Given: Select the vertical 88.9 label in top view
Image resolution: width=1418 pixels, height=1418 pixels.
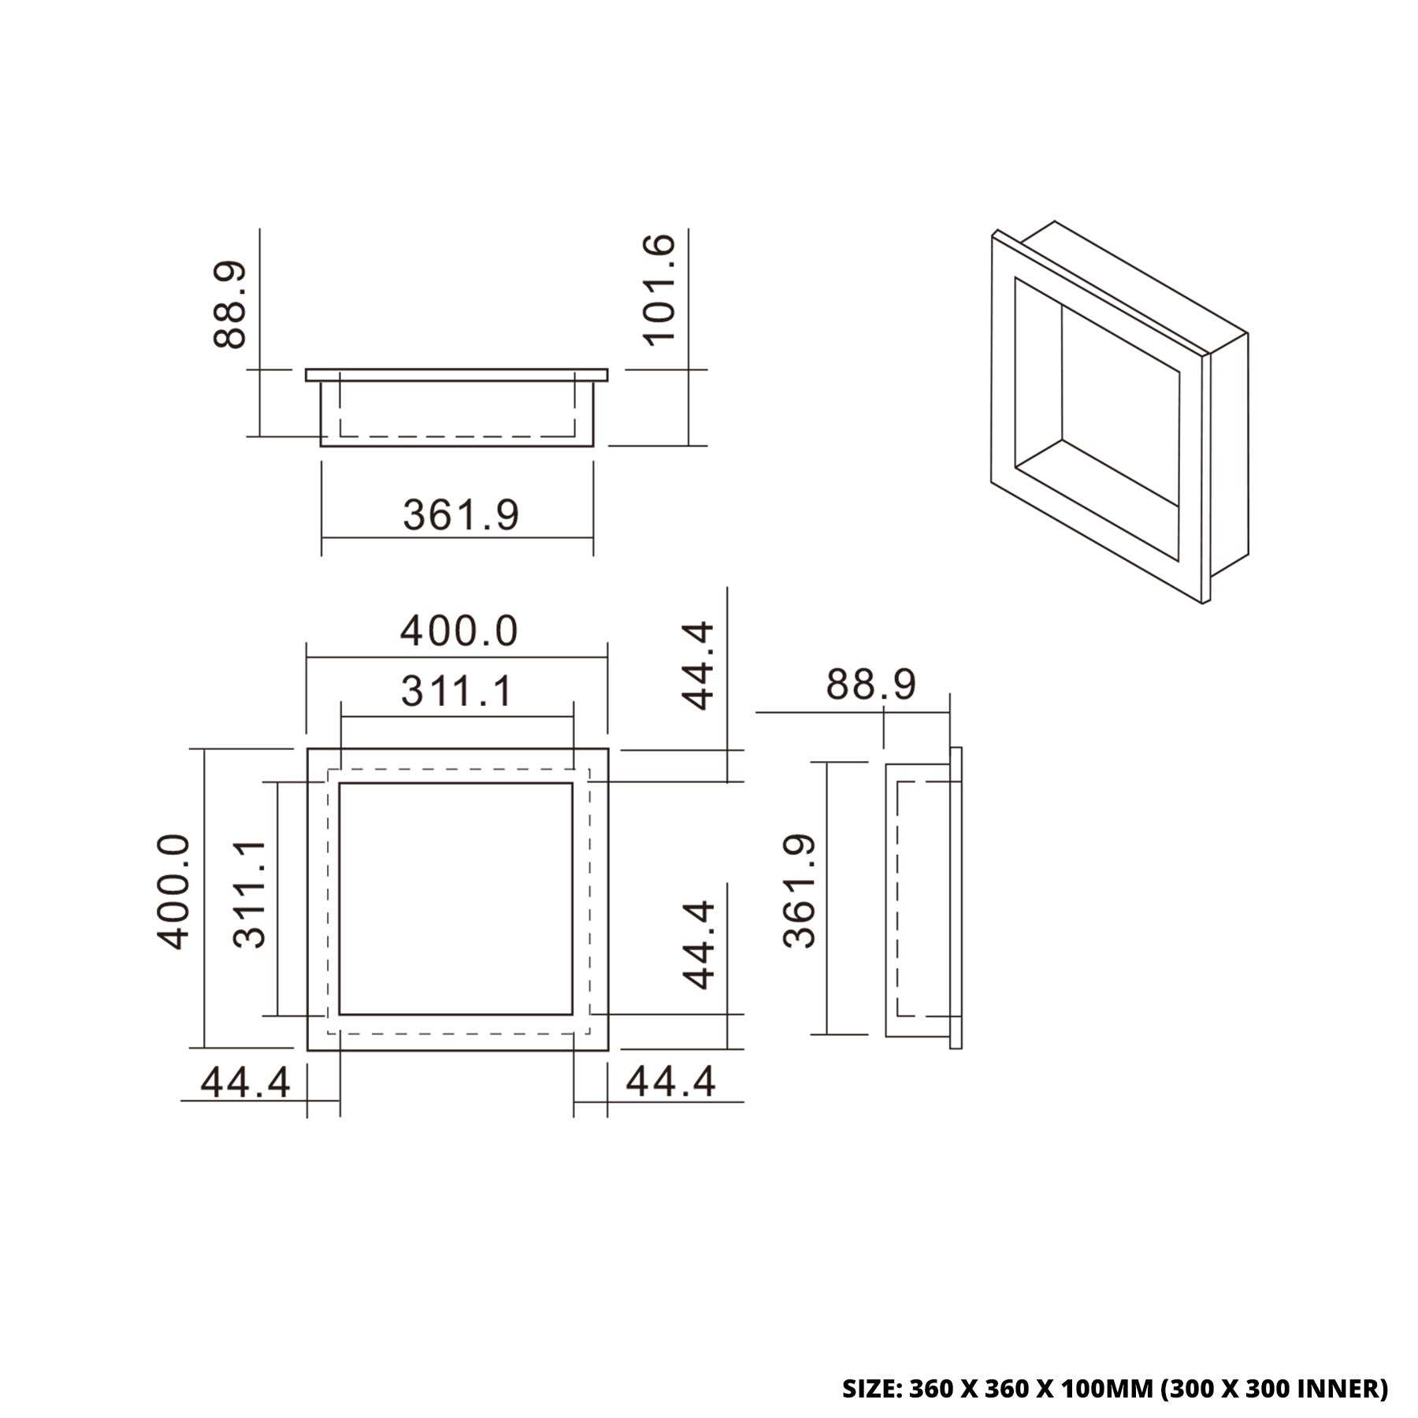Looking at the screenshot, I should tap(231, 306).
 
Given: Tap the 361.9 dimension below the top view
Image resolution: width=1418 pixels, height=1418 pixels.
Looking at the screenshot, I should tap(461, 515).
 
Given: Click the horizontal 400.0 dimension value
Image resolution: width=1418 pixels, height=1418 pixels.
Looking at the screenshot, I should tap(458, 631).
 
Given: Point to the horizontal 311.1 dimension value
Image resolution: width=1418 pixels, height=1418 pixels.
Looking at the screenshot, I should tap(457, 692).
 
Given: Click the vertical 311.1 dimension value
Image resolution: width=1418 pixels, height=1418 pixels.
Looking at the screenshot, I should tap(251, 893).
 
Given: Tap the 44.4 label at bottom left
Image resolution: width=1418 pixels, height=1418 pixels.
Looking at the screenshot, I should tap(246, 1082).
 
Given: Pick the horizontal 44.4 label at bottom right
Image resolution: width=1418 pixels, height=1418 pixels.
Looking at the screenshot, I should tap(670, 1082).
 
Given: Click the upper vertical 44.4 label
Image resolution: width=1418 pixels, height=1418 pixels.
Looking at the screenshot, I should tap(698, 666).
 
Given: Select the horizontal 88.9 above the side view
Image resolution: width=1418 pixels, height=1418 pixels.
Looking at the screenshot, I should tap(870, 685).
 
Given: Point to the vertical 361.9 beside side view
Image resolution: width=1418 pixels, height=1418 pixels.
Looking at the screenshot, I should tap(800, 890).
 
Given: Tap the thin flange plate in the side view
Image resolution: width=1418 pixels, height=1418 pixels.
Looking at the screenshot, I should tap(956, 898).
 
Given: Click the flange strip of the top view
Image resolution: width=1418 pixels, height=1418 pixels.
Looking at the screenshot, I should tap(457, 374).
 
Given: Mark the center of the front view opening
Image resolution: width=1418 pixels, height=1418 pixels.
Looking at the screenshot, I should tap(456, 898).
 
